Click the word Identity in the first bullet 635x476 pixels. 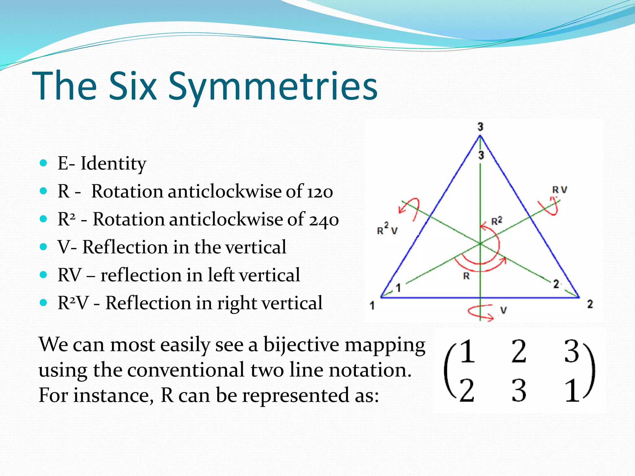(x=113, y=163)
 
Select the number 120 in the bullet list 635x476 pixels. (x=320, y=192)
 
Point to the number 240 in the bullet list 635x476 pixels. (x=324, y=220)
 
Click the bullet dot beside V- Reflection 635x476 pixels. (x=43, y=247)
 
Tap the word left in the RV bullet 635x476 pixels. (x=221, y=275)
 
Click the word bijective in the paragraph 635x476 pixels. (x=301, y=345)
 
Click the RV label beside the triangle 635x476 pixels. (x=560, y=190)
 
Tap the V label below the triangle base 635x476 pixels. (x=504, y=310)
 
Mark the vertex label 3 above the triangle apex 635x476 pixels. (x=480, y=127)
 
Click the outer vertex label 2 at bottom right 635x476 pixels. (x=590, y=304)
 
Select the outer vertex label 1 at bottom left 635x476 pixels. (x=372, y=306)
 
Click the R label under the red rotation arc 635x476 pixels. (x=466, y=276)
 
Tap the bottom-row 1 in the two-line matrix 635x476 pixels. (x=572, y=391)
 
